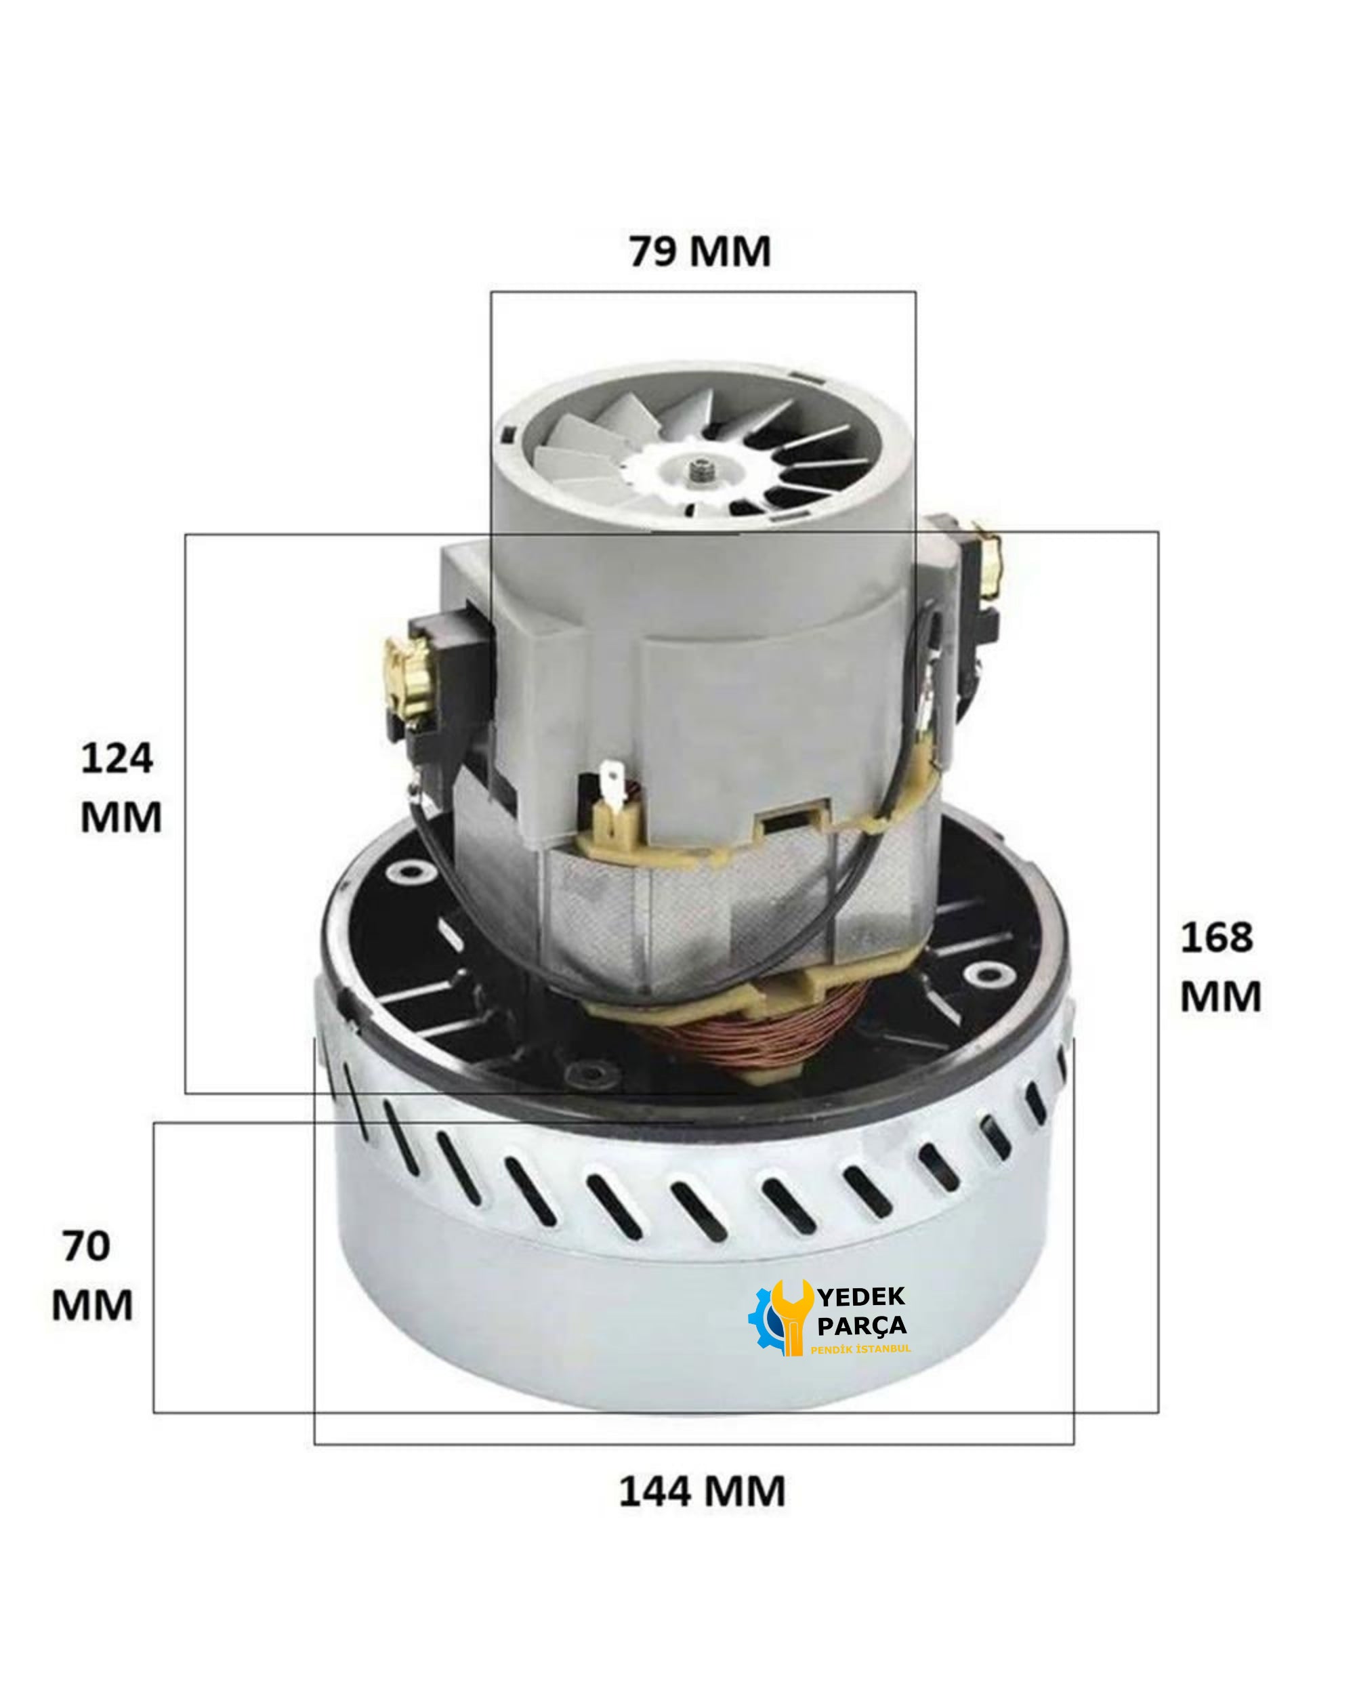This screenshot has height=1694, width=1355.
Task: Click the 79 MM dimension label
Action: point(699,252)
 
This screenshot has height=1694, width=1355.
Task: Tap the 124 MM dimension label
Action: point(120,787)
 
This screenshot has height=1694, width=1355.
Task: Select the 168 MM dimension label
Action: point(1220,966)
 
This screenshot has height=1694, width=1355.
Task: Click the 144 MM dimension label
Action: point(701,1491)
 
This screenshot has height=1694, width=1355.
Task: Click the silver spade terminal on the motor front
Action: point(612,786)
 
